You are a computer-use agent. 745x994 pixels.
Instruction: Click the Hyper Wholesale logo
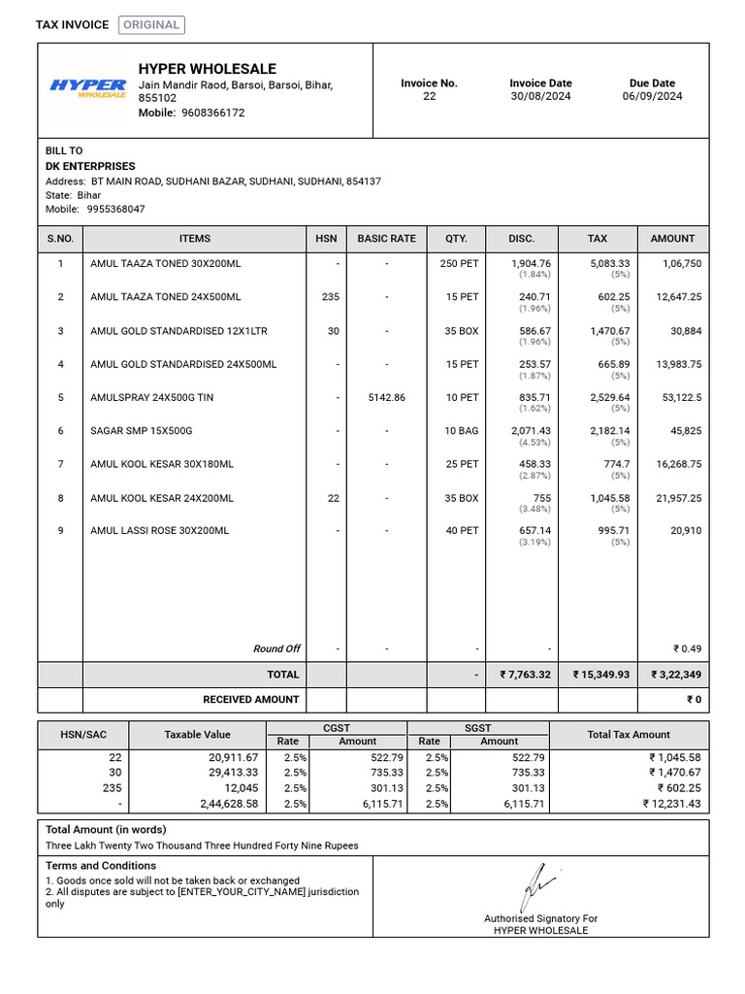[87, 88]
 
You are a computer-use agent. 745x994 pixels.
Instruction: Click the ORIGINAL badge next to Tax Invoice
[151, 25]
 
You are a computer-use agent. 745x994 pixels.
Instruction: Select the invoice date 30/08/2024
[540, 96]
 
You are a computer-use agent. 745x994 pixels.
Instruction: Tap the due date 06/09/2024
[652, 96]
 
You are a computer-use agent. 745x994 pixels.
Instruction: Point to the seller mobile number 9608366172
[206, 113]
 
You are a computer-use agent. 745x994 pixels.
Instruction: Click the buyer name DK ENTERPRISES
[90, 166]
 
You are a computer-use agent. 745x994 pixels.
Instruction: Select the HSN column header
[325, 238]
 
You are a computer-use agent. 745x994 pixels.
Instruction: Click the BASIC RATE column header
[386, 238]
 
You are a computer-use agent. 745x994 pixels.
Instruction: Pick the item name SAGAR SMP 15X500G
[142, 430]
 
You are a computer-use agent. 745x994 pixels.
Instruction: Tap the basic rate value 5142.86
[386, 397]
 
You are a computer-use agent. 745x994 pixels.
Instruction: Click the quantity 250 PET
[459, 263]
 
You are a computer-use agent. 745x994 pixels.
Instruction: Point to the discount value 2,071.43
[531, 430]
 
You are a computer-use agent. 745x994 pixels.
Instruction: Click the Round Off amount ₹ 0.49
[687, 648]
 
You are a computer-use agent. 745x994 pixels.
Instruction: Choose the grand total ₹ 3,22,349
[675, 675]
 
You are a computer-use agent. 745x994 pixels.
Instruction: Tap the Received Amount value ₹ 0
[694, 699]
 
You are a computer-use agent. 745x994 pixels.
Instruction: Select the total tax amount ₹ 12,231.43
[670, 804]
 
